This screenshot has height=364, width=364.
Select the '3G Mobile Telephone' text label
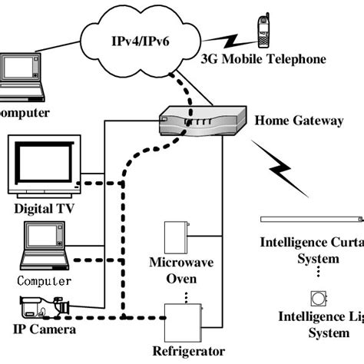click(263, 59)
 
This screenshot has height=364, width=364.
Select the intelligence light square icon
click(316, 297)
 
